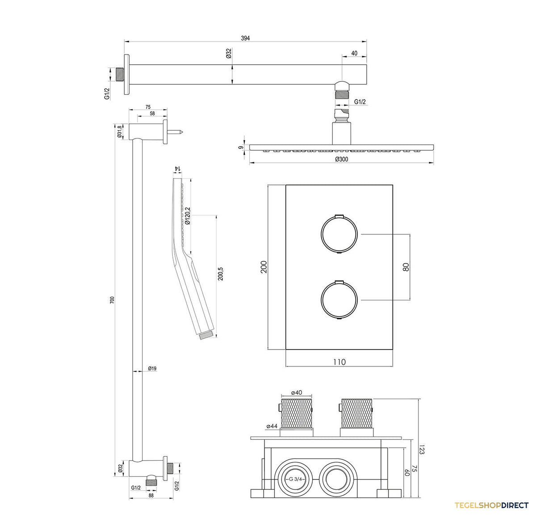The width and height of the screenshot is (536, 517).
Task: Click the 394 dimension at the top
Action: (245, 38)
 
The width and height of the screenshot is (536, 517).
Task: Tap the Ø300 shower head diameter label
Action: (342, 159)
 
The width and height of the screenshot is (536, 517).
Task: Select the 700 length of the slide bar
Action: (112, 300)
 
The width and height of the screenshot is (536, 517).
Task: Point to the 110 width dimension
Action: (339, 362)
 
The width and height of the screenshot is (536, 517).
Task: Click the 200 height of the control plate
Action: (264, 267)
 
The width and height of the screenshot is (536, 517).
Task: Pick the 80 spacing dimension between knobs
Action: (406, 267)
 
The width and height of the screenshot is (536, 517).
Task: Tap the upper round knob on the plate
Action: (339, 234)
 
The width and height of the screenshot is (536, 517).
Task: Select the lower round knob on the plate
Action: (339, 300)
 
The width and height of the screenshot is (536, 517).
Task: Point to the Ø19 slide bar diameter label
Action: (152, 368)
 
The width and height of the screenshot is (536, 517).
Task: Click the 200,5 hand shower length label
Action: (220, 274)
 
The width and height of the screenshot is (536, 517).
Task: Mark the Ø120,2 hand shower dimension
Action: (188, 216)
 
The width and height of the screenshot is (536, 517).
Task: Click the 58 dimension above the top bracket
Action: (152, 113)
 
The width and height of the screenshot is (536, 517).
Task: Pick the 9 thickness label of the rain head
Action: (241, 148)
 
